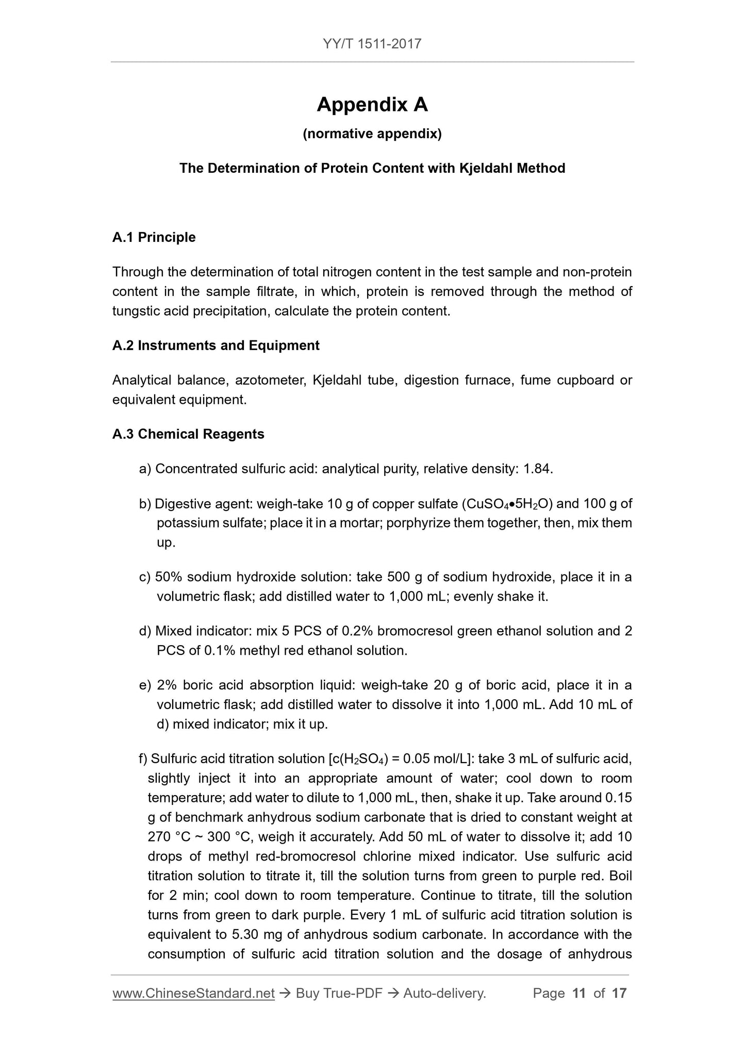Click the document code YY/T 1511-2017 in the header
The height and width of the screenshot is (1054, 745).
[372, 43]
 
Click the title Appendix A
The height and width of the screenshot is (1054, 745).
[372, 105]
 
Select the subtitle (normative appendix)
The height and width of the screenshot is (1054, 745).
[372, 134]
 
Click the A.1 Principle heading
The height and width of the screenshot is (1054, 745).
[154, 237]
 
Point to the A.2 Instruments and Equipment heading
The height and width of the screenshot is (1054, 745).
[216, 345]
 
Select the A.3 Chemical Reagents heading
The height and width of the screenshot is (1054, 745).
[188, 434]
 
